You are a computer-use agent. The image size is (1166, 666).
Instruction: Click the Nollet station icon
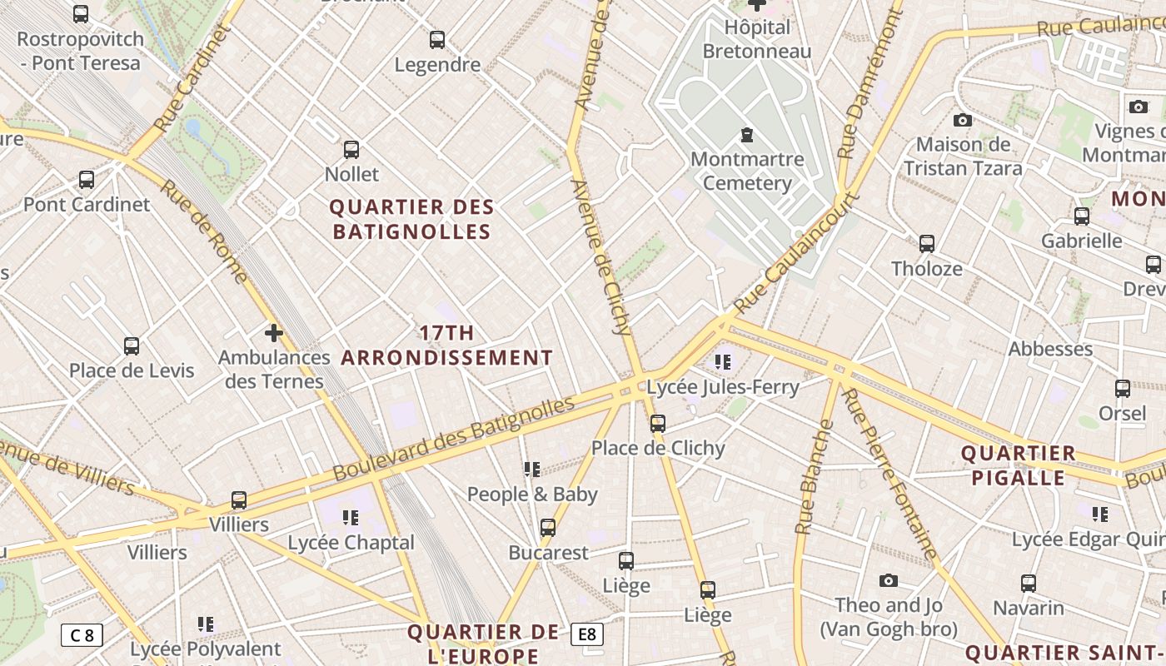(x=351, y=150)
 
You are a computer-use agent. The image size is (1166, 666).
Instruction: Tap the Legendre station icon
(x=437, y=39)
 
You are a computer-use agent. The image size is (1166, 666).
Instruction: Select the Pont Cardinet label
(x=87, y=204)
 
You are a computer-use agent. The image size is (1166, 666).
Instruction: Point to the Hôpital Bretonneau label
(x=756, y=39)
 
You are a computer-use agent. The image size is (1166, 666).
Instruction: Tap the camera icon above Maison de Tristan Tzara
(x=963, y=120)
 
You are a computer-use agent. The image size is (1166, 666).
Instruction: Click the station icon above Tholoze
(x=927, y=244)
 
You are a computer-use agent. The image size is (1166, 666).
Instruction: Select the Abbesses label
(x=1050, y=349)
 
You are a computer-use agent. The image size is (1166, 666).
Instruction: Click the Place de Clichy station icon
(x=658, y=424)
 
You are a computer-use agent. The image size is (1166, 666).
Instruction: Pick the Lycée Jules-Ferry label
(x=723, y=386)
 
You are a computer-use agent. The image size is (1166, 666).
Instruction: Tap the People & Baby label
(x=532, y=494)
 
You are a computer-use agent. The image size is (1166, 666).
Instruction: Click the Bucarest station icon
(x=548, y=528)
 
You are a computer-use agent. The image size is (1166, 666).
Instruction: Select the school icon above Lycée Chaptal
(x=351, y=518)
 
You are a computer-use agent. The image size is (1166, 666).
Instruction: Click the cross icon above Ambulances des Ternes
(x=274, y=334)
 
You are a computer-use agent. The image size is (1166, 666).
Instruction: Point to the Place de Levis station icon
(x=132, y=346)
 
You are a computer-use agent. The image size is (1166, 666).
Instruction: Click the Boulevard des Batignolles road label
(x=454, y=438)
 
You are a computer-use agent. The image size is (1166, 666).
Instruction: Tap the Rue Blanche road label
(x=815, y=476)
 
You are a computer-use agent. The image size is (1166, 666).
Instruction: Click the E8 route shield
(x=587, y=634)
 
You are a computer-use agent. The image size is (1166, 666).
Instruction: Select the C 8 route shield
(x=82, y=635)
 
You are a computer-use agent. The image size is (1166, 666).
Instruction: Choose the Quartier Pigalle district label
(x=1018, y=465)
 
